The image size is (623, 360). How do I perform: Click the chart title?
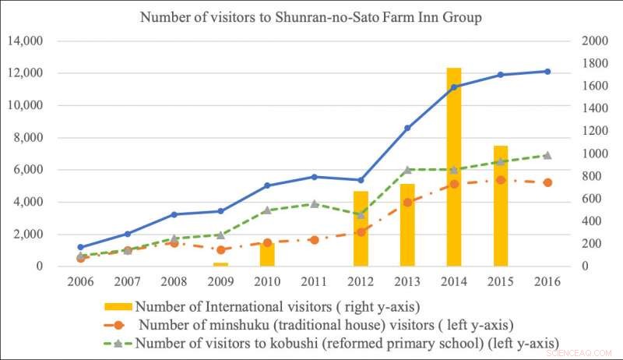tap(311, 17)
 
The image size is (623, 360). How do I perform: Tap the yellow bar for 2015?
tap(500, 206)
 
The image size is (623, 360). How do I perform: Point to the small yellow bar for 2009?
tap(220, 264)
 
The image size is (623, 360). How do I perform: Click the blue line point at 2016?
tap(547, 72)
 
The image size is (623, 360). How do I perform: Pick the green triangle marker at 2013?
tap(407, 169)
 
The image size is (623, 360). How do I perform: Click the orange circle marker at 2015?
tap(500, 180)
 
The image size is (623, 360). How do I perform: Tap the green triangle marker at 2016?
tap(547, 155)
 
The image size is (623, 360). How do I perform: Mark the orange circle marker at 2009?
tap(220, 249)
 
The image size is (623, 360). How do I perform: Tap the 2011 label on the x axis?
tap(314, 280)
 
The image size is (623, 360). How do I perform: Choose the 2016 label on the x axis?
tap(547, 280)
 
